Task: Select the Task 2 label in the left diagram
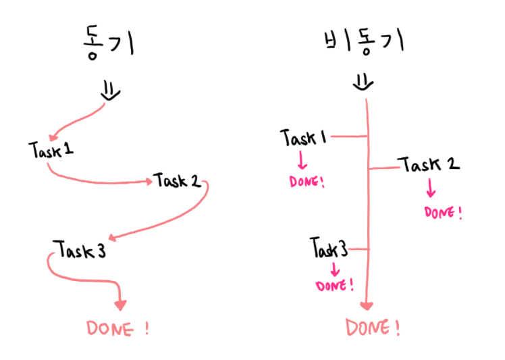click(178, 181)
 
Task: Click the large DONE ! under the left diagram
click(117, 329)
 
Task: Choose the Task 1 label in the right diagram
click(304, 138)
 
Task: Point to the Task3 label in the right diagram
click(329, 249)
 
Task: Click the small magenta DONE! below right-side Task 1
click(307, 182)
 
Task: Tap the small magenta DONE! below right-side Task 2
click(443, 212)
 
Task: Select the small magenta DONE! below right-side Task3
click(334, 285)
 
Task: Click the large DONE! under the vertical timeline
click(373, 328)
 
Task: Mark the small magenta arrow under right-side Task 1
click(302, 161)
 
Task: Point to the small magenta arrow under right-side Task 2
click(430, 189)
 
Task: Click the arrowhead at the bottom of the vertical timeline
click(367, 305)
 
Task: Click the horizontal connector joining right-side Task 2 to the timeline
click(383, 167)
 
